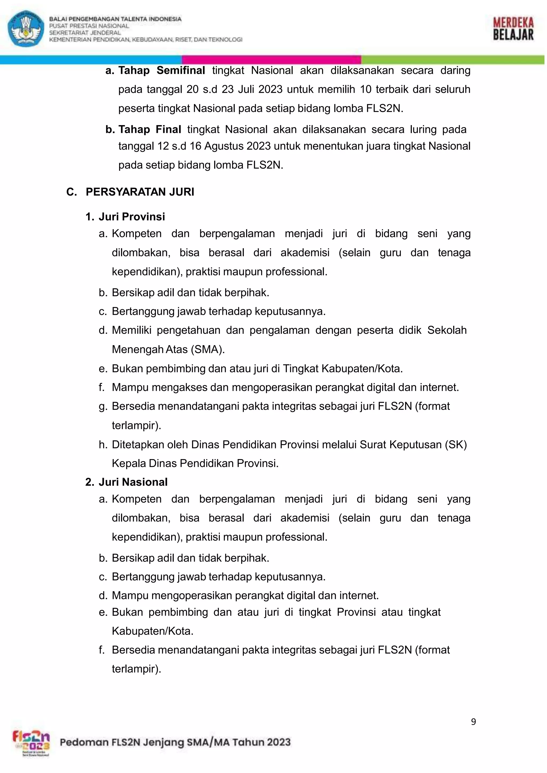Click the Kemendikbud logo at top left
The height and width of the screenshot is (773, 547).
pos(26,28)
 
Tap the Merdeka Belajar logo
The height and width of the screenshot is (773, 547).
pos(513,29)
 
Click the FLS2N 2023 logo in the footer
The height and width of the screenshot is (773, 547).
pos(31,744)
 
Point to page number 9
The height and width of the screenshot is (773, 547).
pos(473,722)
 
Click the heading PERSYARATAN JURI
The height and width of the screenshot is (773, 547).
pos(140,192)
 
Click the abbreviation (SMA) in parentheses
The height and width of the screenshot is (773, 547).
pos(208,349)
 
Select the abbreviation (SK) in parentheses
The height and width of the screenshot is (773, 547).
pos(456,444)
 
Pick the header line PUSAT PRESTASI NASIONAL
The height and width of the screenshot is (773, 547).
pos(89,26)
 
